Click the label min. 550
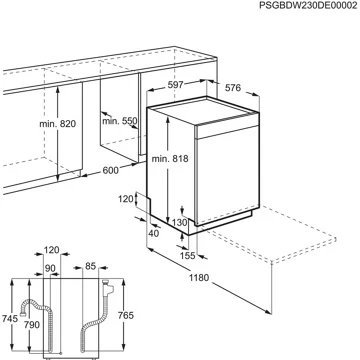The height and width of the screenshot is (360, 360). pyautogui.click(x=119, y=121)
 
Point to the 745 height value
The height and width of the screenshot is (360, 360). pyautogui.click(x=9, y=317)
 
